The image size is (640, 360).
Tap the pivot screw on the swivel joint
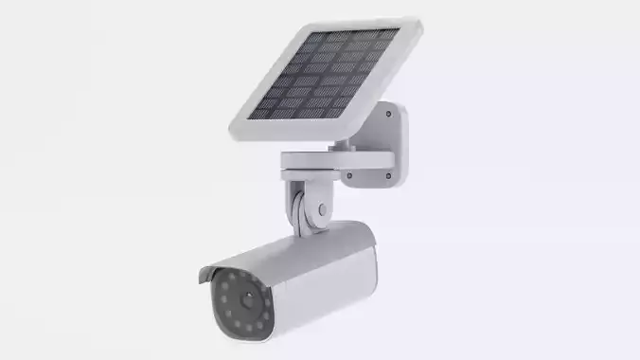(323, 210)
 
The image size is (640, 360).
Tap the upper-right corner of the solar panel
(417, 21)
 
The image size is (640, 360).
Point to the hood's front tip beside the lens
(202, 280)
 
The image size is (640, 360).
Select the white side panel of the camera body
(322, 284)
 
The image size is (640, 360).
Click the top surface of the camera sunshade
(284, 246)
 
